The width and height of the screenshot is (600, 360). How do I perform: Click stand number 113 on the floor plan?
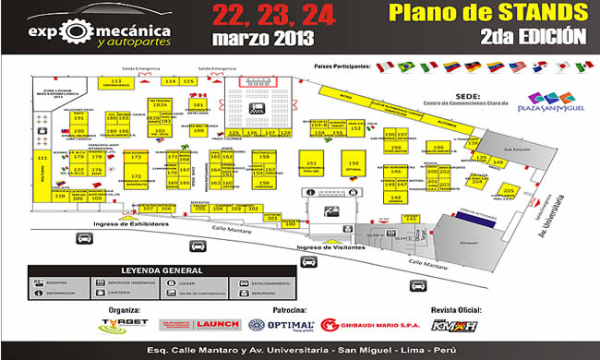(x=117, y=83)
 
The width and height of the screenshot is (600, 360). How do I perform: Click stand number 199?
(x=395, y=148)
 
